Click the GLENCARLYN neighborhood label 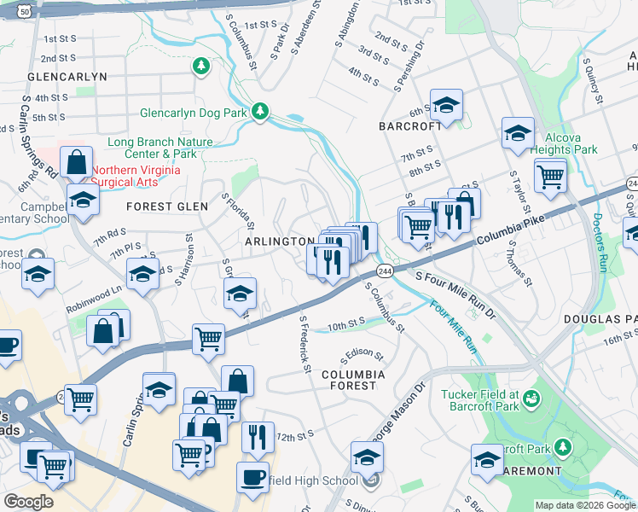tap(67, 76)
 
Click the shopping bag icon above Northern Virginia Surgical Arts tap(77, 162)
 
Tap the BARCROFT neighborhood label tap(410, 125)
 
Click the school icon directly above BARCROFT tap(445, 106)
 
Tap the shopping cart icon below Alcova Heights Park tap(550, 177)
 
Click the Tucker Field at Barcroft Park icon tap(532, 398)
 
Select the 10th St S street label tap(345, 325)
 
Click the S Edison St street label tap(362, 353)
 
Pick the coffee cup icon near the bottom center tap(252, 476)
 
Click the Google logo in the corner tap(28, 502)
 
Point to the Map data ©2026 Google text tap(584, 505)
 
